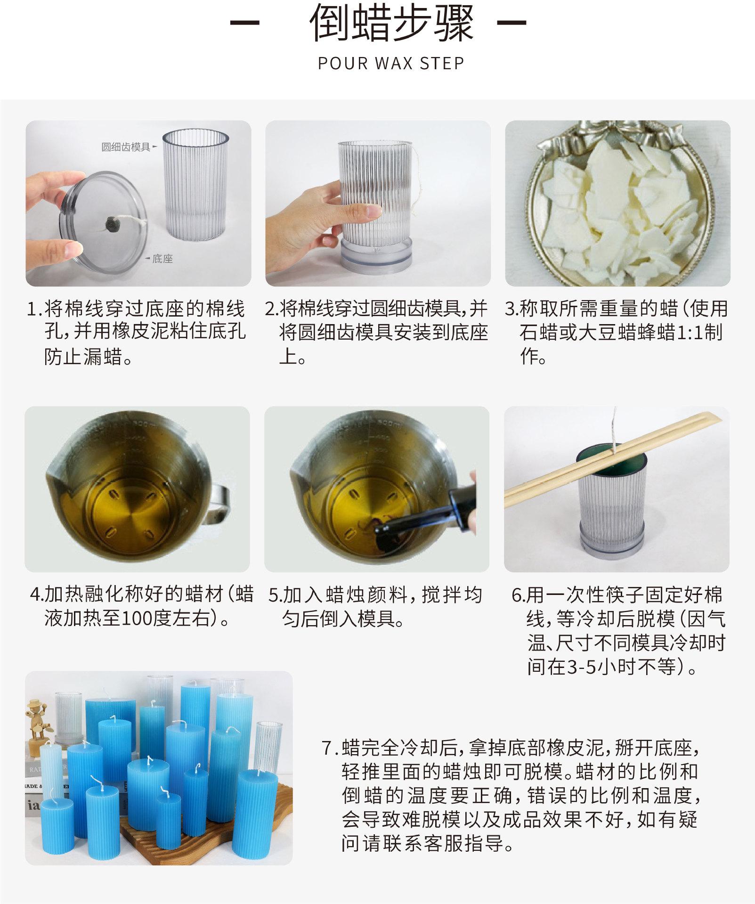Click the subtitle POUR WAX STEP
[x=391, y=63]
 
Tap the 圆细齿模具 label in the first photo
[x=126, y=147]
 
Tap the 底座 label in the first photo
[x=162, y=259]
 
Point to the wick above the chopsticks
[x=614, y=426]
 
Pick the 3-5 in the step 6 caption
[x=582, y=667]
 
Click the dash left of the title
[x=244, y=23]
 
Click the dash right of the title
[x=512, y=23]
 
